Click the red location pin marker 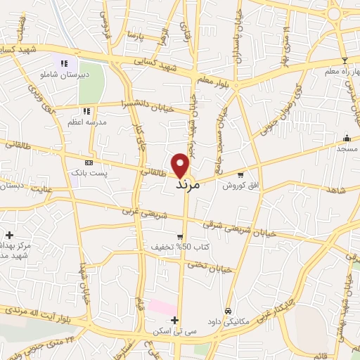coord(181,165)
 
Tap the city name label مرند coord(188,184)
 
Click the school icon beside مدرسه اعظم coord(86,110)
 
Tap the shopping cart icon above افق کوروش coord(241,175)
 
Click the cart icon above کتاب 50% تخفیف coord(180,237)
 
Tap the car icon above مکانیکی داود coord(229,311)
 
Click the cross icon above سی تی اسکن coord(174,320)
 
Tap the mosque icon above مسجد coord(347,138)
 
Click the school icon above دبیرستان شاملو coord(67,63)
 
